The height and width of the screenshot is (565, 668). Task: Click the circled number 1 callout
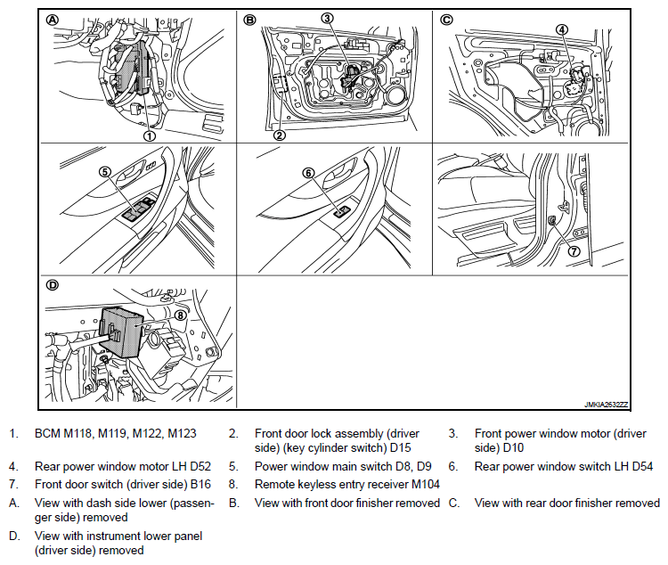click(x=150, y=135)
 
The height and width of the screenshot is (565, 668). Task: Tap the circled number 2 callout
click(x=279, y=135)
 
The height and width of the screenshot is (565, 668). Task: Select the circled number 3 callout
click(x=327, y=18)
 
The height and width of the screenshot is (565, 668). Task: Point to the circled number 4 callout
click(x=562, y=29)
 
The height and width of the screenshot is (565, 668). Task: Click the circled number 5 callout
click(x=103, y=172)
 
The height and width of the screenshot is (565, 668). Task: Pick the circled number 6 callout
click(x=308, y=173)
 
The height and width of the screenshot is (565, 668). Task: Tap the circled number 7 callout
click(x=573, y=251)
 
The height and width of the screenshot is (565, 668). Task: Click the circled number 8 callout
click(x=181, y=314)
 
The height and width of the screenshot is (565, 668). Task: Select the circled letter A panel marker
click(x=53, y=20)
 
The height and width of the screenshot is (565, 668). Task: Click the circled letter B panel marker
click(x=250, y=20)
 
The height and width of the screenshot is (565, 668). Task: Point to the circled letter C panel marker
click(x=447, y=20)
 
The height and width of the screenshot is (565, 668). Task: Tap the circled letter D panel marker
click(x=53, y=286)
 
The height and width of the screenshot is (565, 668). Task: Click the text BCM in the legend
click(x=47, y=434)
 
